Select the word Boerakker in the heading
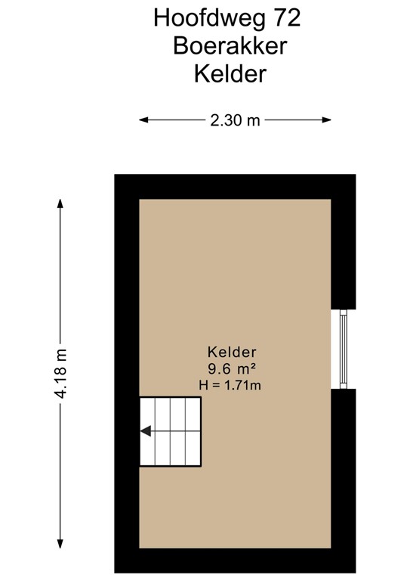[x=230, y=45]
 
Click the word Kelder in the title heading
[x=231, y=74]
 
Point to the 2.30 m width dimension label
[x=234, y=120]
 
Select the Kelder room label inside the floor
[x=233, y=352]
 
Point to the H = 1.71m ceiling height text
[x=230, y=385]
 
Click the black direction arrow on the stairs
[x=146, y=431]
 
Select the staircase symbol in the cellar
[x=171, y=431]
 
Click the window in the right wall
[x=343, y=349]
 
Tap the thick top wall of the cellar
[x=234, y=186]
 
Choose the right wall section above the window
[x=343, y=250]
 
